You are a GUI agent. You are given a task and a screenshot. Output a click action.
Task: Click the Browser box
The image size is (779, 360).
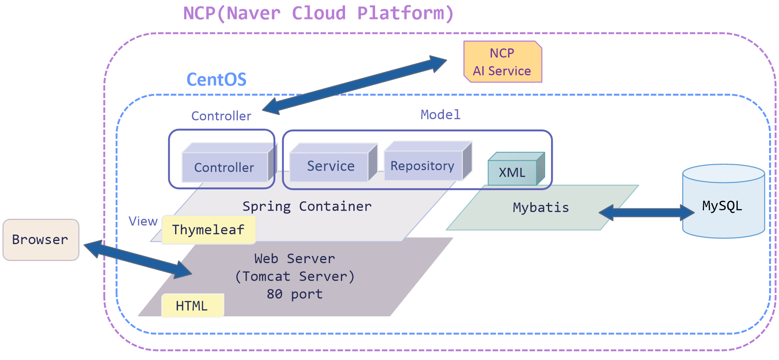pos(41,240)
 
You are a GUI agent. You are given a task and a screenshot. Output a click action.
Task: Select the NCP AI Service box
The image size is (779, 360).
pos(502,62)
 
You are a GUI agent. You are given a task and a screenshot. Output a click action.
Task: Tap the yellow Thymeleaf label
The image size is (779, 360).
pos(208,230)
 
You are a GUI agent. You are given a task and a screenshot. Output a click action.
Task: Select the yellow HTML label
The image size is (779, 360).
pos(192,306)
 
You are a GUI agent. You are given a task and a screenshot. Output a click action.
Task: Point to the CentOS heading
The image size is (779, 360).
pos(216,80)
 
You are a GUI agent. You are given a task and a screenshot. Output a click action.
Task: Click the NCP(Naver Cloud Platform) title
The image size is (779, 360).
pos(318,13)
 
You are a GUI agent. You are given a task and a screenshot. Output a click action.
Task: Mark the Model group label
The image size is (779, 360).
pos(440,115)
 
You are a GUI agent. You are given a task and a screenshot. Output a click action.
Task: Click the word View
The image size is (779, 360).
pos(143,221)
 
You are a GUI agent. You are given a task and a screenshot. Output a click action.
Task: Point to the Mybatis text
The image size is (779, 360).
pos(541,208)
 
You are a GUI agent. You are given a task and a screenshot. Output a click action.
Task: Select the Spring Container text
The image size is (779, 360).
pos(307,206)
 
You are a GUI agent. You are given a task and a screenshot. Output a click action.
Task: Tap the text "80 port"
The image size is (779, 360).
pos(295,294)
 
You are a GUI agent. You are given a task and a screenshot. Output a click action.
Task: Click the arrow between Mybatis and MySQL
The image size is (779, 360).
pos(646,213)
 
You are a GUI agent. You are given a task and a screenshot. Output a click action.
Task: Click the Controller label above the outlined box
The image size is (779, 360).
pos(221,116)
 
